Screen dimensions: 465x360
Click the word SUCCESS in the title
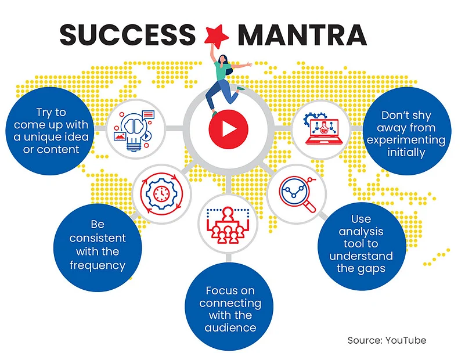128,34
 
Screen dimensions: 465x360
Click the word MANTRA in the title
302,34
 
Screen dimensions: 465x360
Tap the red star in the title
217,36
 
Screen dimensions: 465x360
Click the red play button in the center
228,129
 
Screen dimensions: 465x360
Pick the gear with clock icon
161,194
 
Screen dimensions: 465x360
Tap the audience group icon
228,225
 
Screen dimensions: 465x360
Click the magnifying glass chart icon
297,195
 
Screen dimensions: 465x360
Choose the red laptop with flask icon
322,129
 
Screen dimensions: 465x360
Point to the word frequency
98,265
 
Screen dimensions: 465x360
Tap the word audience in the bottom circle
230,327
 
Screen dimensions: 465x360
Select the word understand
361,256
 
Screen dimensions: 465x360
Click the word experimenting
406,141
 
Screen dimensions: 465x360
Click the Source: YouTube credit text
387,340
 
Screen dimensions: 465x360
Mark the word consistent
98,238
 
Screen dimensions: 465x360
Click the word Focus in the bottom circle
218,290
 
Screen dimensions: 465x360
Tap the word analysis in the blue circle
361,232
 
